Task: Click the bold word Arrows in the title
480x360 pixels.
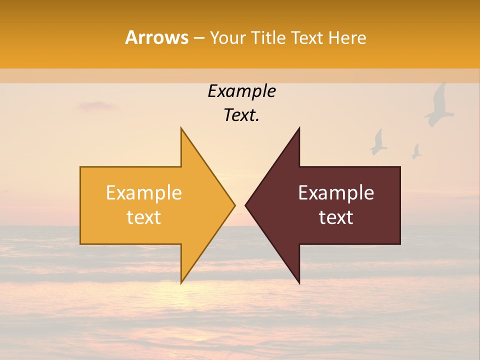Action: click(156, 37)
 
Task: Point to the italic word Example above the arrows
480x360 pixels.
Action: click(241, 91)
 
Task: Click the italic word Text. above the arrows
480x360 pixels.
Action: click(241, 115)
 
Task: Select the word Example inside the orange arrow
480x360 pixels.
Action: click(144, 193)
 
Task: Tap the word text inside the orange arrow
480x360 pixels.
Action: click(144, 217)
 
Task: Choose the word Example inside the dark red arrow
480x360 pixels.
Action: click(336, 193)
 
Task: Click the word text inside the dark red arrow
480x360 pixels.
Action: click(336, 217)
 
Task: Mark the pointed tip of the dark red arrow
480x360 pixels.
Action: click(246, 205)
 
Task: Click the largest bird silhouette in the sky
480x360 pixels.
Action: click(439, 105)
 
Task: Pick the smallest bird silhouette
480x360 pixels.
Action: click(416, 151)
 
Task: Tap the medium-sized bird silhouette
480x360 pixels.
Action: click(378, 142)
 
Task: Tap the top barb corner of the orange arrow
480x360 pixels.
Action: click(181, 128)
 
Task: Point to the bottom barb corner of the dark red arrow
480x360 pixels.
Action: click(299, 283)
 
